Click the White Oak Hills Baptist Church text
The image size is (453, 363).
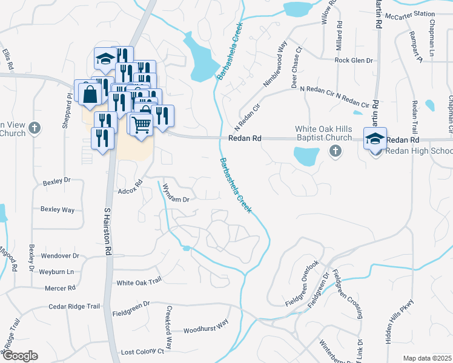[323, 133]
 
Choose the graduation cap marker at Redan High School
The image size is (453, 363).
[375, 139]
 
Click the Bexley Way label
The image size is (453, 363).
[58, 209]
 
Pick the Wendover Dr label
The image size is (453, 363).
[60, 256]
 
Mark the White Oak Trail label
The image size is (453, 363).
[139, 281]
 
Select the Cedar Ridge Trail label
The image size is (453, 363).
[74, 307]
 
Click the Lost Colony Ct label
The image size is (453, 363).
[142, 352]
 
